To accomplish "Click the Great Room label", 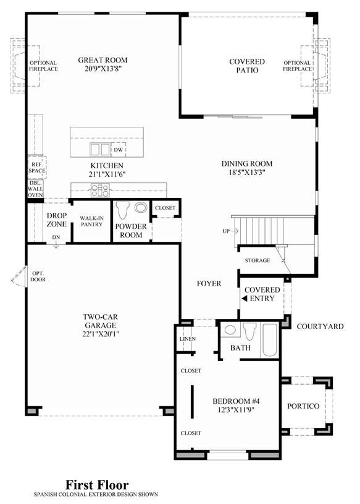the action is [x=103, y=60].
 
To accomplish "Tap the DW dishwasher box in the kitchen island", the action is [x=119, y=150].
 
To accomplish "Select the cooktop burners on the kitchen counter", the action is [x=100, y=190].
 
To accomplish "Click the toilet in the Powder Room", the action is [x=122, y=210].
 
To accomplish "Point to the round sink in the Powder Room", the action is [x=141, y=207].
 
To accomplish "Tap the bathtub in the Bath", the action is [x=269, y=340].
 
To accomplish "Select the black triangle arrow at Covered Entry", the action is [x=244, y=299].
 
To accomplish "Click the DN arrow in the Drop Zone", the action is [x=56, y=245].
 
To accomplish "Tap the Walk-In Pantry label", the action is [x=91, y=221].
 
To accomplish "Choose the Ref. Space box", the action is [x=37, y=168].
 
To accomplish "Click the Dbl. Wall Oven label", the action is [x=35, y=189].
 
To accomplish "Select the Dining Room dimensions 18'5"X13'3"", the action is [x=247, y=173].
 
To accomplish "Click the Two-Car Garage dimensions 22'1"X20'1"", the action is [x=101, y=334].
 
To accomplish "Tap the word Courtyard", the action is [x=320, y=327].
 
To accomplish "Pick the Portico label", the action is [x=303, y=406].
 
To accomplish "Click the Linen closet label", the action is [x=188, y=339].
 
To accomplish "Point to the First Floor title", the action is [x=97, y=484].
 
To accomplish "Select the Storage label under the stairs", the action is [x=257, y=260].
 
